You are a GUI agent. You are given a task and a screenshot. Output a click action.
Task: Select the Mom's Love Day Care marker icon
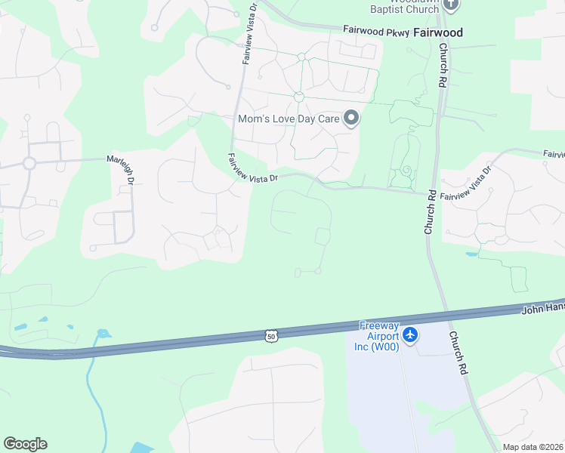pos(350,118)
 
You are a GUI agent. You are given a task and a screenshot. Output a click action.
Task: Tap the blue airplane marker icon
pos(410,334)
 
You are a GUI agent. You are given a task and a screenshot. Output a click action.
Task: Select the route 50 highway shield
pos(270,334)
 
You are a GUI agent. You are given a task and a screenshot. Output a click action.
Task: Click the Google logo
pos(25,444)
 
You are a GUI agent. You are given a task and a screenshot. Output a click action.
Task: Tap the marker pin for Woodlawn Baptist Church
pos(451,5)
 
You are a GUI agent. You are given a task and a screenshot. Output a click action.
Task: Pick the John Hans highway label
pos(543,309)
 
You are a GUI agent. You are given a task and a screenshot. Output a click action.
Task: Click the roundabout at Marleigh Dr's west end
pos(29,163)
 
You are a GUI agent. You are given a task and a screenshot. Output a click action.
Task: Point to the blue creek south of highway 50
pos(90,377)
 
